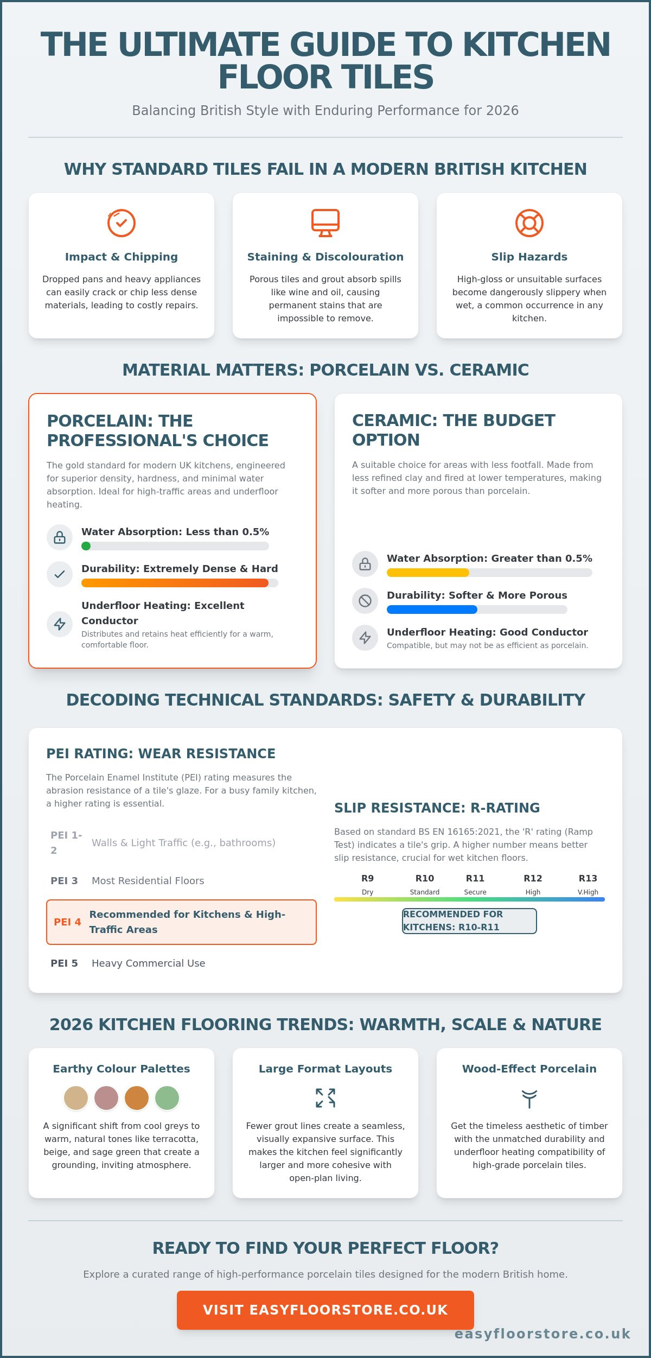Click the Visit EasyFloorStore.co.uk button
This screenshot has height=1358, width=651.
point(325,1310)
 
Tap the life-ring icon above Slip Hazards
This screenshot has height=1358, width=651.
point(529,223)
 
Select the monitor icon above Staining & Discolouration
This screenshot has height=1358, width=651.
point(325,223)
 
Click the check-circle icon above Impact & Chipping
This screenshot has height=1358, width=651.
point(121,223)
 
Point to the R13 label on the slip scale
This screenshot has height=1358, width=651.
point(588,878)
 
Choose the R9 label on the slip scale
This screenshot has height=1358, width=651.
point(367,878)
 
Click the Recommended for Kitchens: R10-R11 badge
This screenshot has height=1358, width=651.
point(469,921)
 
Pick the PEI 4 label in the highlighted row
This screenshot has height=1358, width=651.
point(67,922)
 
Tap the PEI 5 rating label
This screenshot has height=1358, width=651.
point(64,963)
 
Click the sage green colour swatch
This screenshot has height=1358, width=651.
point(167,1098)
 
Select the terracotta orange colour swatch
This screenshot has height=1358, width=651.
point(137,1098)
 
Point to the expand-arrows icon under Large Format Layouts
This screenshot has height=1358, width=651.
point(325,1098)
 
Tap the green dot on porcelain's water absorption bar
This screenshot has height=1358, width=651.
point(86,546)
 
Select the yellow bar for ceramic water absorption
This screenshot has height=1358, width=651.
point(428,573)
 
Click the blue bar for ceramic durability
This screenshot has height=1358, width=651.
point(432,610)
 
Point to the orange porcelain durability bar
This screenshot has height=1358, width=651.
point(175,583)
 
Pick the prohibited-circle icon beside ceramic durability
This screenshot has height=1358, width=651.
point(365,601)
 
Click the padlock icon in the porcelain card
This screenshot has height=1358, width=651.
point(60,537)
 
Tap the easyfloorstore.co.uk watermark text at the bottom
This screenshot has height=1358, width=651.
point(542,1334)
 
